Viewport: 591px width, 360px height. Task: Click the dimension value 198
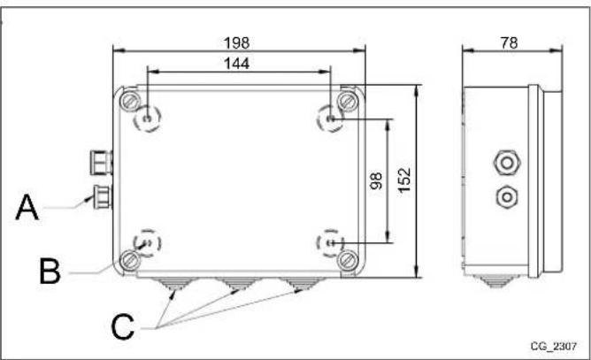[x=238, y=42]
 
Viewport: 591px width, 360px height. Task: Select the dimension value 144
[x=237, y=63]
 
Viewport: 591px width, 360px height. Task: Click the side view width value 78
[x=508, y=42]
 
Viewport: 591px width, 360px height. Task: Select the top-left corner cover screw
[x=130, y=97]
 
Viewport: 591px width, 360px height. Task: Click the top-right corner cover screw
[x=347, y=97]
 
